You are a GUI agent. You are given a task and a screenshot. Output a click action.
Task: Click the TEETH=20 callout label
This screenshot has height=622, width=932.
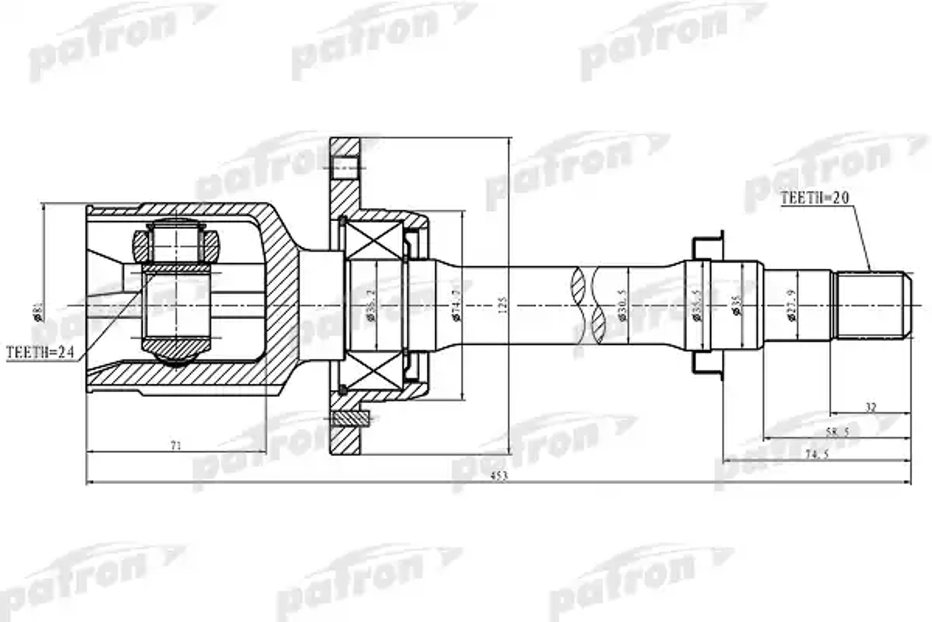[x=814, y=198]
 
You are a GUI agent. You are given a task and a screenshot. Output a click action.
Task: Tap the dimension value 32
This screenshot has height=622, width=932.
[x=871, y=407]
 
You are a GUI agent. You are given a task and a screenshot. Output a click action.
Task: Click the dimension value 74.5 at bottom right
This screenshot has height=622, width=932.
[x=817, y=454]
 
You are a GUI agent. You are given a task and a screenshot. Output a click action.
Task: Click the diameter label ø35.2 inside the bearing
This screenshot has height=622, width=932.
[x=371, y=306]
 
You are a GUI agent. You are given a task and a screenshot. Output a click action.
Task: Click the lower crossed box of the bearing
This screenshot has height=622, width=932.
[x=374, y=371]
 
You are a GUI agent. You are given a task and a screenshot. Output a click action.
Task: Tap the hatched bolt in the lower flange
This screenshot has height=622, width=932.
[x=350, y=418]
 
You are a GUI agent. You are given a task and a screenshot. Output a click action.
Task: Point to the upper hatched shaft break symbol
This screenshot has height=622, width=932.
[x=578, y=285]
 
